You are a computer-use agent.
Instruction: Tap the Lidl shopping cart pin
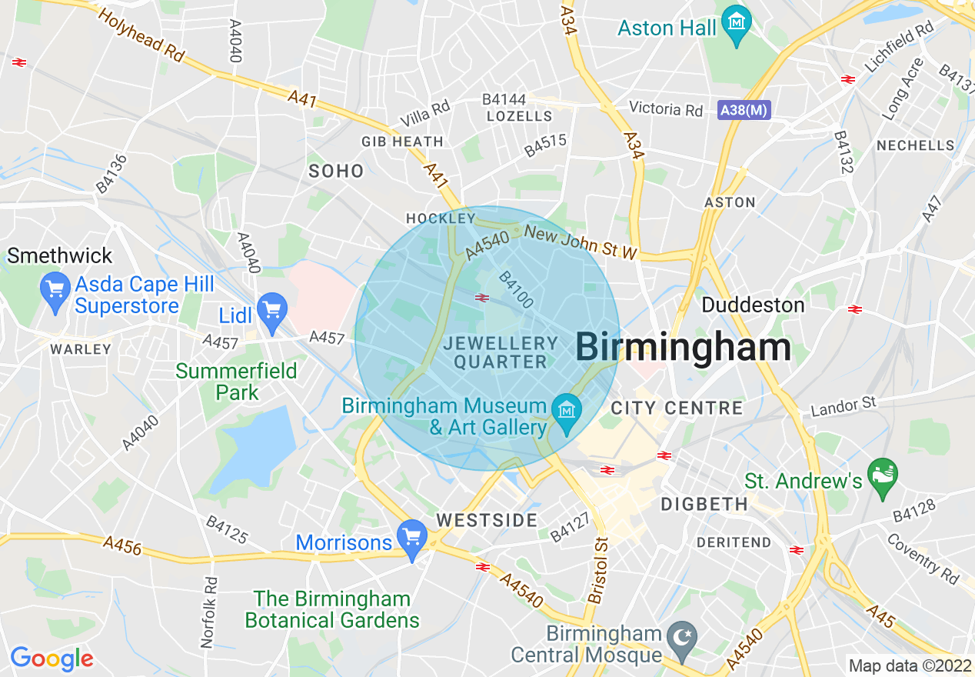[271, 309]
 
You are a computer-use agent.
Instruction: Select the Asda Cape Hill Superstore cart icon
[55, 290]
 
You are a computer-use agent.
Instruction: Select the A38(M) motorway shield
[744, 110]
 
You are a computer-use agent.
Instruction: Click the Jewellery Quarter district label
[501, 352]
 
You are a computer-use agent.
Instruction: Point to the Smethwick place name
[60, 255]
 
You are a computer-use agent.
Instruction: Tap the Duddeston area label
[753, 305]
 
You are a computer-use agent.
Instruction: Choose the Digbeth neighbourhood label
[704, 505]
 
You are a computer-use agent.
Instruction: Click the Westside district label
[487, 521]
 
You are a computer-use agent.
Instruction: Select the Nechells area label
[916, 145]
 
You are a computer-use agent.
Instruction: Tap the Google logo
[52, 659]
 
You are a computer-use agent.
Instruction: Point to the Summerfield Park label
[236, 382]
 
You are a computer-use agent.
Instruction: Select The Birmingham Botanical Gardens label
[332, 609]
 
